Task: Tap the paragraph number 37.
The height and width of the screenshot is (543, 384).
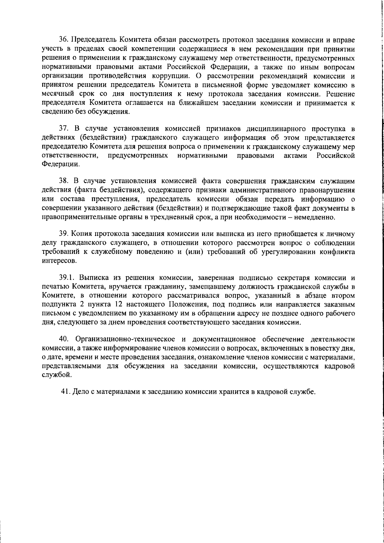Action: pos(63,129)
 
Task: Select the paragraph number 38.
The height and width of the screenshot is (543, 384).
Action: pos(63,182)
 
